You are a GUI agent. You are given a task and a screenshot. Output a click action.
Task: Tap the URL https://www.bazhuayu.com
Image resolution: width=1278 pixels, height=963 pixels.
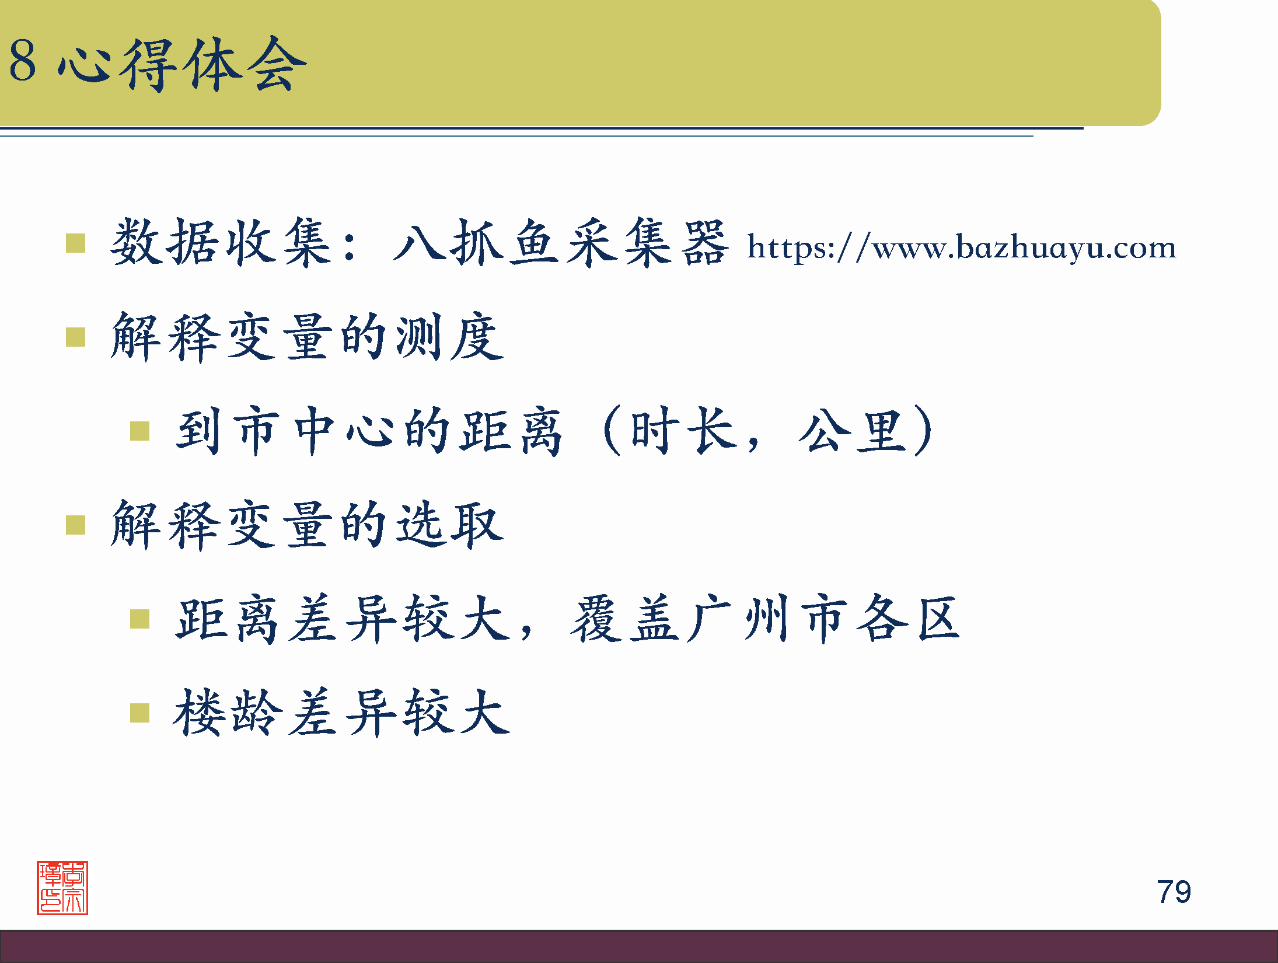tap(961, 247)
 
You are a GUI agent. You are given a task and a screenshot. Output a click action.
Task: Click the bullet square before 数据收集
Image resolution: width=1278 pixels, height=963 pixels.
tap(76, 243)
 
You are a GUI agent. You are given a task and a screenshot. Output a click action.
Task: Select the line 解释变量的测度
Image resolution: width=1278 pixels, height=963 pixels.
tap(306, 337)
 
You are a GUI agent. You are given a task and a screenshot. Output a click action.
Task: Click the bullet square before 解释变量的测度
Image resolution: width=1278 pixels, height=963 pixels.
tap(76, 337)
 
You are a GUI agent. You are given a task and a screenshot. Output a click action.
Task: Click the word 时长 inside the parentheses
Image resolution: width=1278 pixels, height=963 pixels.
tap(682, 431)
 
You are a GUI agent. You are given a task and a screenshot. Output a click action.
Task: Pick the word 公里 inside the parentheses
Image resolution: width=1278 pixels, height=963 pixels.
tap(853, 431)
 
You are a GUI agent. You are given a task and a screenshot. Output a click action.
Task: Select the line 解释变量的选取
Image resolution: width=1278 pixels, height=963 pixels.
tap(306, 525)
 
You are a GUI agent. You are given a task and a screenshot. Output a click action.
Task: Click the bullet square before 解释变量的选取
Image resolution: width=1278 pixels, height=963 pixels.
tap(76, 525)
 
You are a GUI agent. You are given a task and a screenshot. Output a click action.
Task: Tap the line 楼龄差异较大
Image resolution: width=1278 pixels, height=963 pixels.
tap(341, 713)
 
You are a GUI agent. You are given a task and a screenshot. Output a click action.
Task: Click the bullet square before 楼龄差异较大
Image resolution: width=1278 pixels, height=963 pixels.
tap(140, 713)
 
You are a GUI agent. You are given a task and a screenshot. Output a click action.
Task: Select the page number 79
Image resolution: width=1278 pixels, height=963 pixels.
tap(1174, 892)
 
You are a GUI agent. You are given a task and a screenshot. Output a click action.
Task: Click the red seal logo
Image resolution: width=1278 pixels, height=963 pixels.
tap(62, 887)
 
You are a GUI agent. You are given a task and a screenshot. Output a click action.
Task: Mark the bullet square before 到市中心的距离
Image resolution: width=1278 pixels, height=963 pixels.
tap(140, 431)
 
